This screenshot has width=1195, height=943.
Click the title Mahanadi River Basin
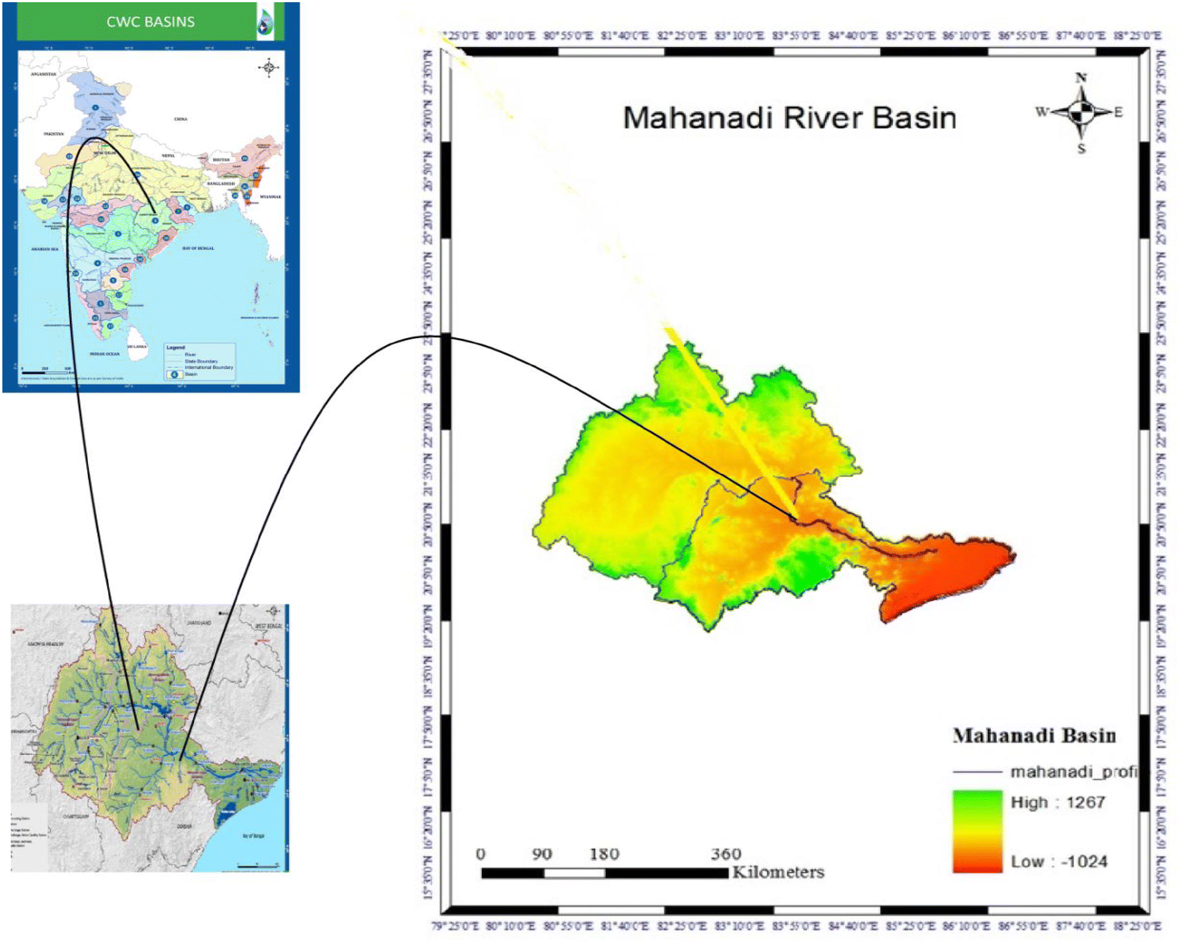point(789,118)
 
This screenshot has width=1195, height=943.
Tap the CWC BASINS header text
point(150,22)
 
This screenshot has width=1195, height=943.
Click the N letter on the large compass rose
point(1081,78)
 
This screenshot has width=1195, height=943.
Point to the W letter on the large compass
point(1041,112)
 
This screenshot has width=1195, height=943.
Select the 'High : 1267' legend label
point(1057,802)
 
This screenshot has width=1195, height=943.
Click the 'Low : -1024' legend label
point(1059,861)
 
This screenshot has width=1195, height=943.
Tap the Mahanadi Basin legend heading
point(1034,735)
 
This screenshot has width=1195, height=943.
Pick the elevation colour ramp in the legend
point(977,831)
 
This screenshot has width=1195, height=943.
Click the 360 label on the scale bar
point(725,854)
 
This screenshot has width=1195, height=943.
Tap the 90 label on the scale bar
point(542,854)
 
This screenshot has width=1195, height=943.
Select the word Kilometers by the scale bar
point(778,872)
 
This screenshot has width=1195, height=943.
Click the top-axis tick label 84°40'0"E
point(852,36)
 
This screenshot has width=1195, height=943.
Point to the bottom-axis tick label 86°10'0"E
point(966,926)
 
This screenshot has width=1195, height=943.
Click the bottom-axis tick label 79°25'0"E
point(455,926)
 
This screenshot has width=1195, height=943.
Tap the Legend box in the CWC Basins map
point(200,362)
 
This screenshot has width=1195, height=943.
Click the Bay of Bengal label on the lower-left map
point(253,835)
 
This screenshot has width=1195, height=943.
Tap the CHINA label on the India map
point(181,119)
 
